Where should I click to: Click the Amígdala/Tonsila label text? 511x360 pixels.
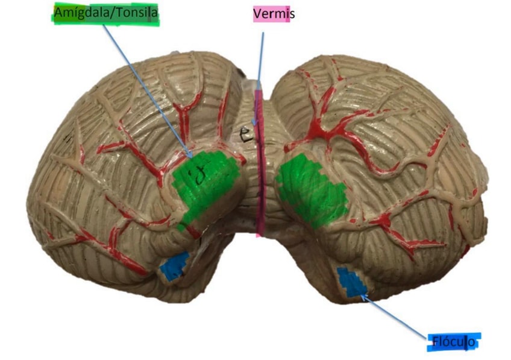tap(107, 12)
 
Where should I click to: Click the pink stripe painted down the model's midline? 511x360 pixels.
tap(260, 181)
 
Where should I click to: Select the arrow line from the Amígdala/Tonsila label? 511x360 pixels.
tap(148, 90)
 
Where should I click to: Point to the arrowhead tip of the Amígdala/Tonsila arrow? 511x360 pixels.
tap(192, 158)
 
